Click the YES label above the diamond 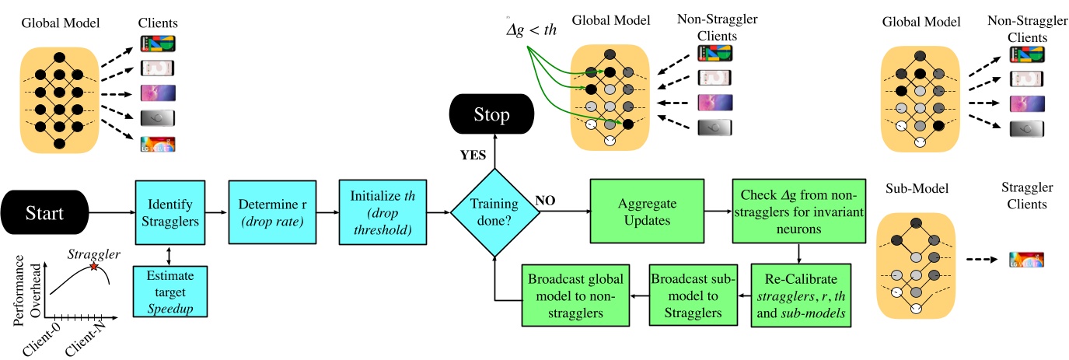coord(474,156)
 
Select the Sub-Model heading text coord(913,190)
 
